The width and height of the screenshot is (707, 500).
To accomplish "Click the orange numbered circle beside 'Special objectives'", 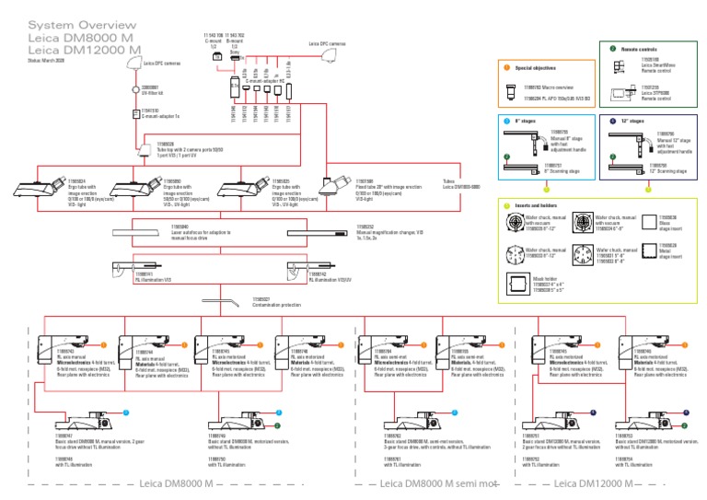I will [504, 68].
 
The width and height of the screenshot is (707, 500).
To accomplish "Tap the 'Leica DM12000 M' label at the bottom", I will [590, 483].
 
